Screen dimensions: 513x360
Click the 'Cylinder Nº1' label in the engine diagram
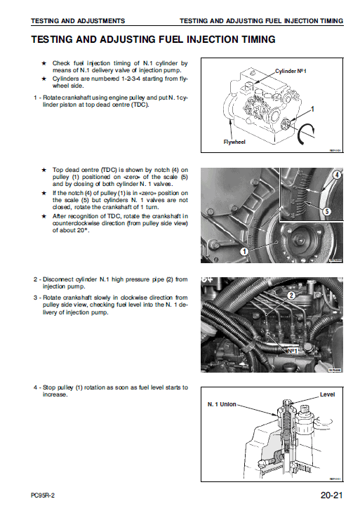tap(291, 72)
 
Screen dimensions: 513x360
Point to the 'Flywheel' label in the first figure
tap(235, 142)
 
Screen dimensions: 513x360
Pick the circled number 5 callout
tap(326, 211)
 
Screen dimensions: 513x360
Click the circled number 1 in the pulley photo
tap(244, 251)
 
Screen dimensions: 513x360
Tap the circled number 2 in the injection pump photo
tap(289, 295)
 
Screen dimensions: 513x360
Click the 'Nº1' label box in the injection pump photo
tap(293, 349)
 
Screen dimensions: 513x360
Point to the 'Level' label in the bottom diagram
tap(327, 394)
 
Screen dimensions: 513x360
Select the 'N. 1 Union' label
tap(222, 405)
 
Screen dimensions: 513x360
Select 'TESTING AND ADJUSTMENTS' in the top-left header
tap(68, 21)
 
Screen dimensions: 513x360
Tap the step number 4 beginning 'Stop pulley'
tap(35, 387)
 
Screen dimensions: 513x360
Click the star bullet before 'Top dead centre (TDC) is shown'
tap(44, 170)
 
